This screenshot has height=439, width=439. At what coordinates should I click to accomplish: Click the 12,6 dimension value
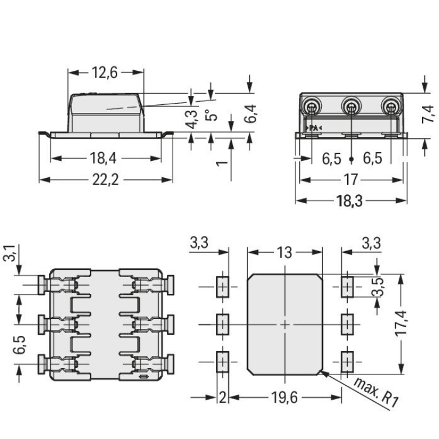tap(105, 73)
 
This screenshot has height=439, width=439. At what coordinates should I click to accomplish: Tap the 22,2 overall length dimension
tap(106, 180)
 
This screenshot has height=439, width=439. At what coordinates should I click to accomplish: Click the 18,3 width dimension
tap(351, 200)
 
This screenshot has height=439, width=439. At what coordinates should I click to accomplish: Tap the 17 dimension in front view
tap(352, 180)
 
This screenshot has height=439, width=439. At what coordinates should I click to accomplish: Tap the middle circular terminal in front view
tap(352, 107)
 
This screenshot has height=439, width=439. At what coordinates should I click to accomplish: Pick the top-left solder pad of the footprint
tap(222, 287)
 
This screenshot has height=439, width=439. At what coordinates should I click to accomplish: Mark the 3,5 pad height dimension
tap(378, 286)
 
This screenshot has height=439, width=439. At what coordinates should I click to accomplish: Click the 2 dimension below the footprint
tap(222, 397)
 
